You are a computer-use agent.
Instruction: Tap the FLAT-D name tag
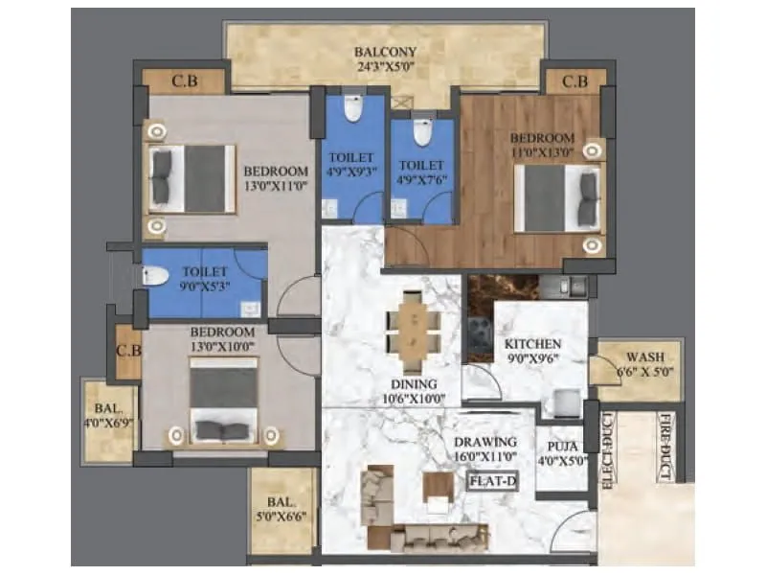click(x=492, y=482)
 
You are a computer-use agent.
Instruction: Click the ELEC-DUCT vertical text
click(x=607, y=450)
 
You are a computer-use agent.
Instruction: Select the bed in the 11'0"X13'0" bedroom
click(x=558, y=198)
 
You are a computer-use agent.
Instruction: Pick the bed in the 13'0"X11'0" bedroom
click(x=191, y=178)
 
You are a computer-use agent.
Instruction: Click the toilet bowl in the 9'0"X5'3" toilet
click(x=156, y=277)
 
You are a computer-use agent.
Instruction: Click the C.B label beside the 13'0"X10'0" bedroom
click(x=128, y=351)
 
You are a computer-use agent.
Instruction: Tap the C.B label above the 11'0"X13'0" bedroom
click(x=574, y=82)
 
